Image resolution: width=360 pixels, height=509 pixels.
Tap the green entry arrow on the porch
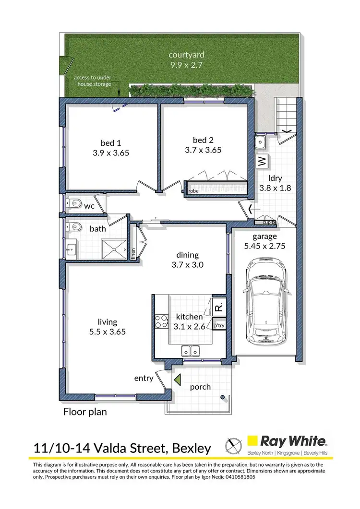tap(177, 379)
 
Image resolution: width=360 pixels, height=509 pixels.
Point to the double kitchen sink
tap(191, 351)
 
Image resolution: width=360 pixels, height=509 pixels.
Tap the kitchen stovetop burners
tap(158, 321)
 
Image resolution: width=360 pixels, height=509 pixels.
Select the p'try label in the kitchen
tap(218, 326)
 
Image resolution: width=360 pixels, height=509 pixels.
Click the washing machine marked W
tap(262, 162)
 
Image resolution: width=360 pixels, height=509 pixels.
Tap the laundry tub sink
tap(261, 142)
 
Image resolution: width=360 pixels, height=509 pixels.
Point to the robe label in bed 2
tap(193, 190)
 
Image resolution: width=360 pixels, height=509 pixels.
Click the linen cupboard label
tap(133, 253)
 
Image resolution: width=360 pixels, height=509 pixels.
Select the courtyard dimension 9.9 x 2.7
tap(179, 65)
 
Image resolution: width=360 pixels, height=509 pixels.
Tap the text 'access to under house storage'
tap(92, 81)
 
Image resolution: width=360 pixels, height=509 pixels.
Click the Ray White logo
tap(287, 441)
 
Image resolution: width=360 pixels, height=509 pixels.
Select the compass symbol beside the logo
tap(233, 445)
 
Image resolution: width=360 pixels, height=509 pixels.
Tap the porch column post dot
tap(223, 397)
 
